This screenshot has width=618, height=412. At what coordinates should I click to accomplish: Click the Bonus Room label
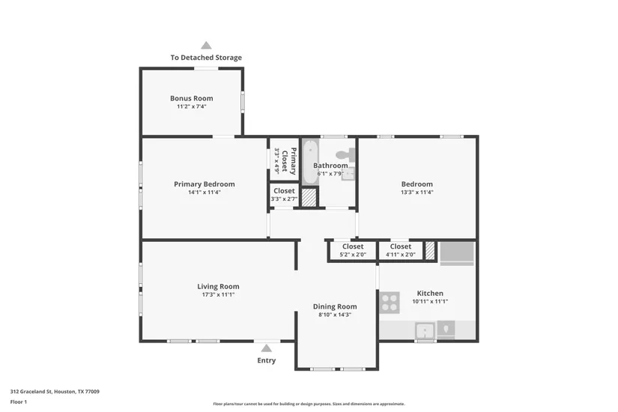[x=192, y=98]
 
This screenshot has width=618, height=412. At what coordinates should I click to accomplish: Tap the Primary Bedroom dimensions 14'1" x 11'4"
[x=205, y=193]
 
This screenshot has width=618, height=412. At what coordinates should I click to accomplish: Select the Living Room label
[x=218, y=287]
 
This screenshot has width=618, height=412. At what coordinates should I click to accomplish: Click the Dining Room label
[x=335, y=306]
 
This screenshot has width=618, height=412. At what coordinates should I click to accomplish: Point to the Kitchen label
[x=430, y=294]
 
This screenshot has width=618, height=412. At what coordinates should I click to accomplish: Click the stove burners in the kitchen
[x=390, y=303]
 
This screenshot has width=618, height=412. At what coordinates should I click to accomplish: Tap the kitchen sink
[x=425, y=330]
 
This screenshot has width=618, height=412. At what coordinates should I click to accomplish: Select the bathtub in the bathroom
[x=310, y=162]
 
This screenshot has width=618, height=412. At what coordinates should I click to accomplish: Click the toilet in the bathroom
[x=345, y=154]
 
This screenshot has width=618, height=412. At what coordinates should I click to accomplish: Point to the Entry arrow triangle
[x=267, y=348]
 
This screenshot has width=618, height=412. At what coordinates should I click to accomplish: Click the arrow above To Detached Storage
[x=206, y=46]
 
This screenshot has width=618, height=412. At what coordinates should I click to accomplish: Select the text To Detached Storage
[x=206, y=58]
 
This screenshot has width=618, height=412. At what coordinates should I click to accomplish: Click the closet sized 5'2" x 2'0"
[x=353, y=250]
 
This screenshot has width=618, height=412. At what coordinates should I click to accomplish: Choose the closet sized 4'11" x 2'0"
[x=401, y=250]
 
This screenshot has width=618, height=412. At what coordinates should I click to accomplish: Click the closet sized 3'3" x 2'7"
[x=284, y=195]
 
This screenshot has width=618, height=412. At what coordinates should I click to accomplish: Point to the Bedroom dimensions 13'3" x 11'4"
[x=417, y=193]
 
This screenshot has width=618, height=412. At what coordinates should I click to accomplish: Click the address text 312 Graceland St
[x=31, y=392]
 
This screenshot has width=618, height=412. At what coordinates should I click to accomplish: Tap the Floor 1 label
[x=19, y=402]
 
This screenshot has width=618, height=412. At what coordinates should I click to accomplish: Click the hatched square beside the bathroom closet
[x=309, y=198]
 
